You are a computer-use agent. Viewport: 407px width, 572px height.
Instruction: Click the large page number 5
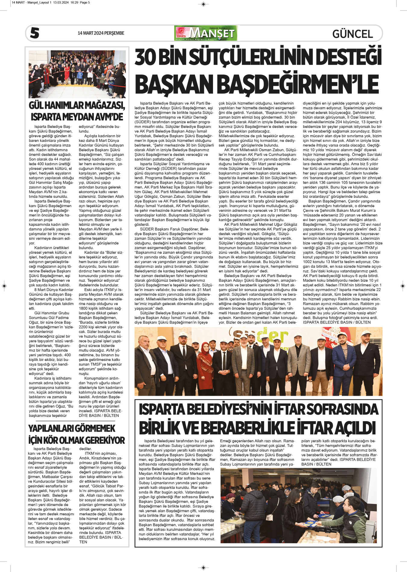point(35,33)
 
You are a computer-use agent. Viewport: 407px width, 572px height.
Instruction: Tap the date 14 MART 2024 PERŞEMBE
point(101,33)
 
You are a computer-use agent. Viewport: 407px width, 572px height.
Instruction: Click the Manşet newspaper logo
point(206,33)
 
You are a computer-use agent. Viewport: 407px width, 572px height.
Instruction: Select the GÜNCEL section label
point(352,34)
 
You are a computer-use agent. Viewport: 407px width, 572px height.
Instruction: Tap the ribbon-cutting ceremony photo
point(77,74)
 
